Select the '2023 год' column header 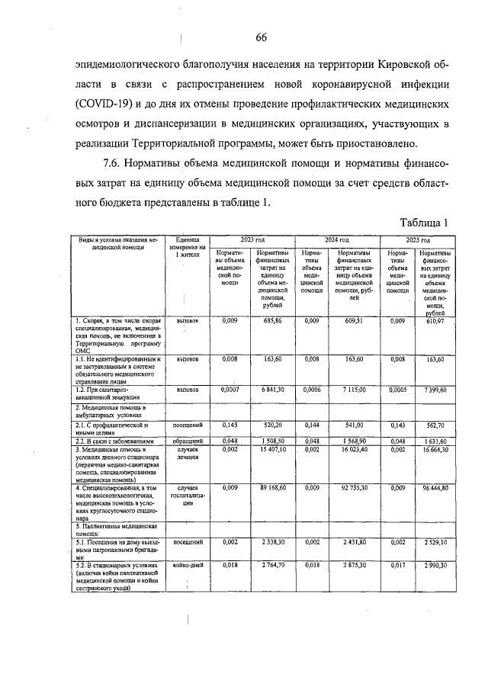tap(252, 239)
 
